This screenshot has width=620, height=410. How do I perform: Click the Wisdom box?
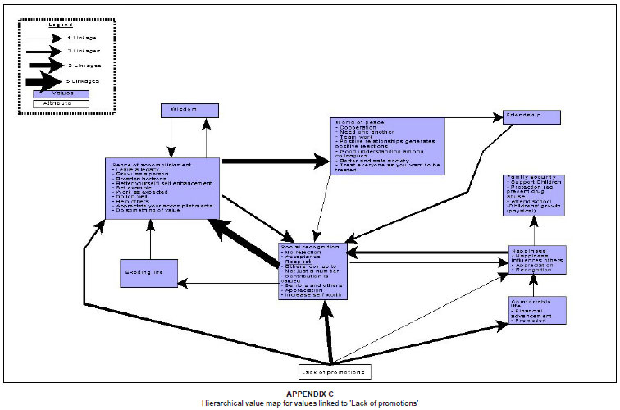[x=189, y=110]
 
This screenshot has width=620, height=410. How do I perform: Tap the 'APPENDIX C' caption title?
[x=309, y=394]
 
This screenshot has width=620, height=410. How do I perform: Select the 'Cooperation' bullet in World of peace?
[x=353, y=129]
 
